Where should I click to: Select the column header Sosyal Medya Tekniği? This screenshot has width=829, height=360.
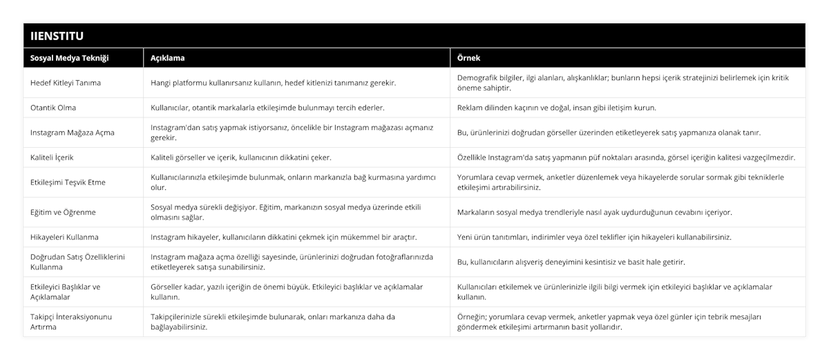click(70, 58)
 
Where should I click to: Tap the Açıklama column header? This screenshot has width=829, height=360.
click(168, 58)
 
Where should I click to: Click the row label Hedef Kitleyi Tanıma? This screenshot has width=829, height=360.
click(66, 83)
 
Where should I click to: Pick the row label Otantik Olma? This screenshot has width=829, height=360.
click(54, 108)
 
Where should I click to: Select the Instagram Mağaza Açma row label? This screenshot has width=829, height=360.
click(73, 133)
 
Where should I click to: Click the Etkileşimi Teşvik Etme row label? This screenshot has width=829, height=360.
click(68, 182)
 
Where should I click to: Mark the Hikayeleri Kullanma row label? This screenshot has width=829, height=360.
click(65, 237)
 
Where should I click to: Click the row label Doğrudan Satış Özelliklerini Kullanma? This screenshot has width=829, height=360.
click(77, 262)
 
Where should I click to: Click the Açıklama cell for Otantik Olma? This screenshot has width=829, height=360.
click(267, 108)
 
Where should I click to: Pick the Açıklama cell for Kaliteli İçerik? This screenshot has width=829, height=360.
click(241, 158)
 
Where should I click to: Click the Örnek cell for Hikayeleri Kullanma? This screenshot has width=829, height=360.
click(594, 237)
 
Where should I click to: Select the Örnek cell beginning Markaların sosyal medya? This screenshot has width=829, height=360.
click(595, 212)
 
